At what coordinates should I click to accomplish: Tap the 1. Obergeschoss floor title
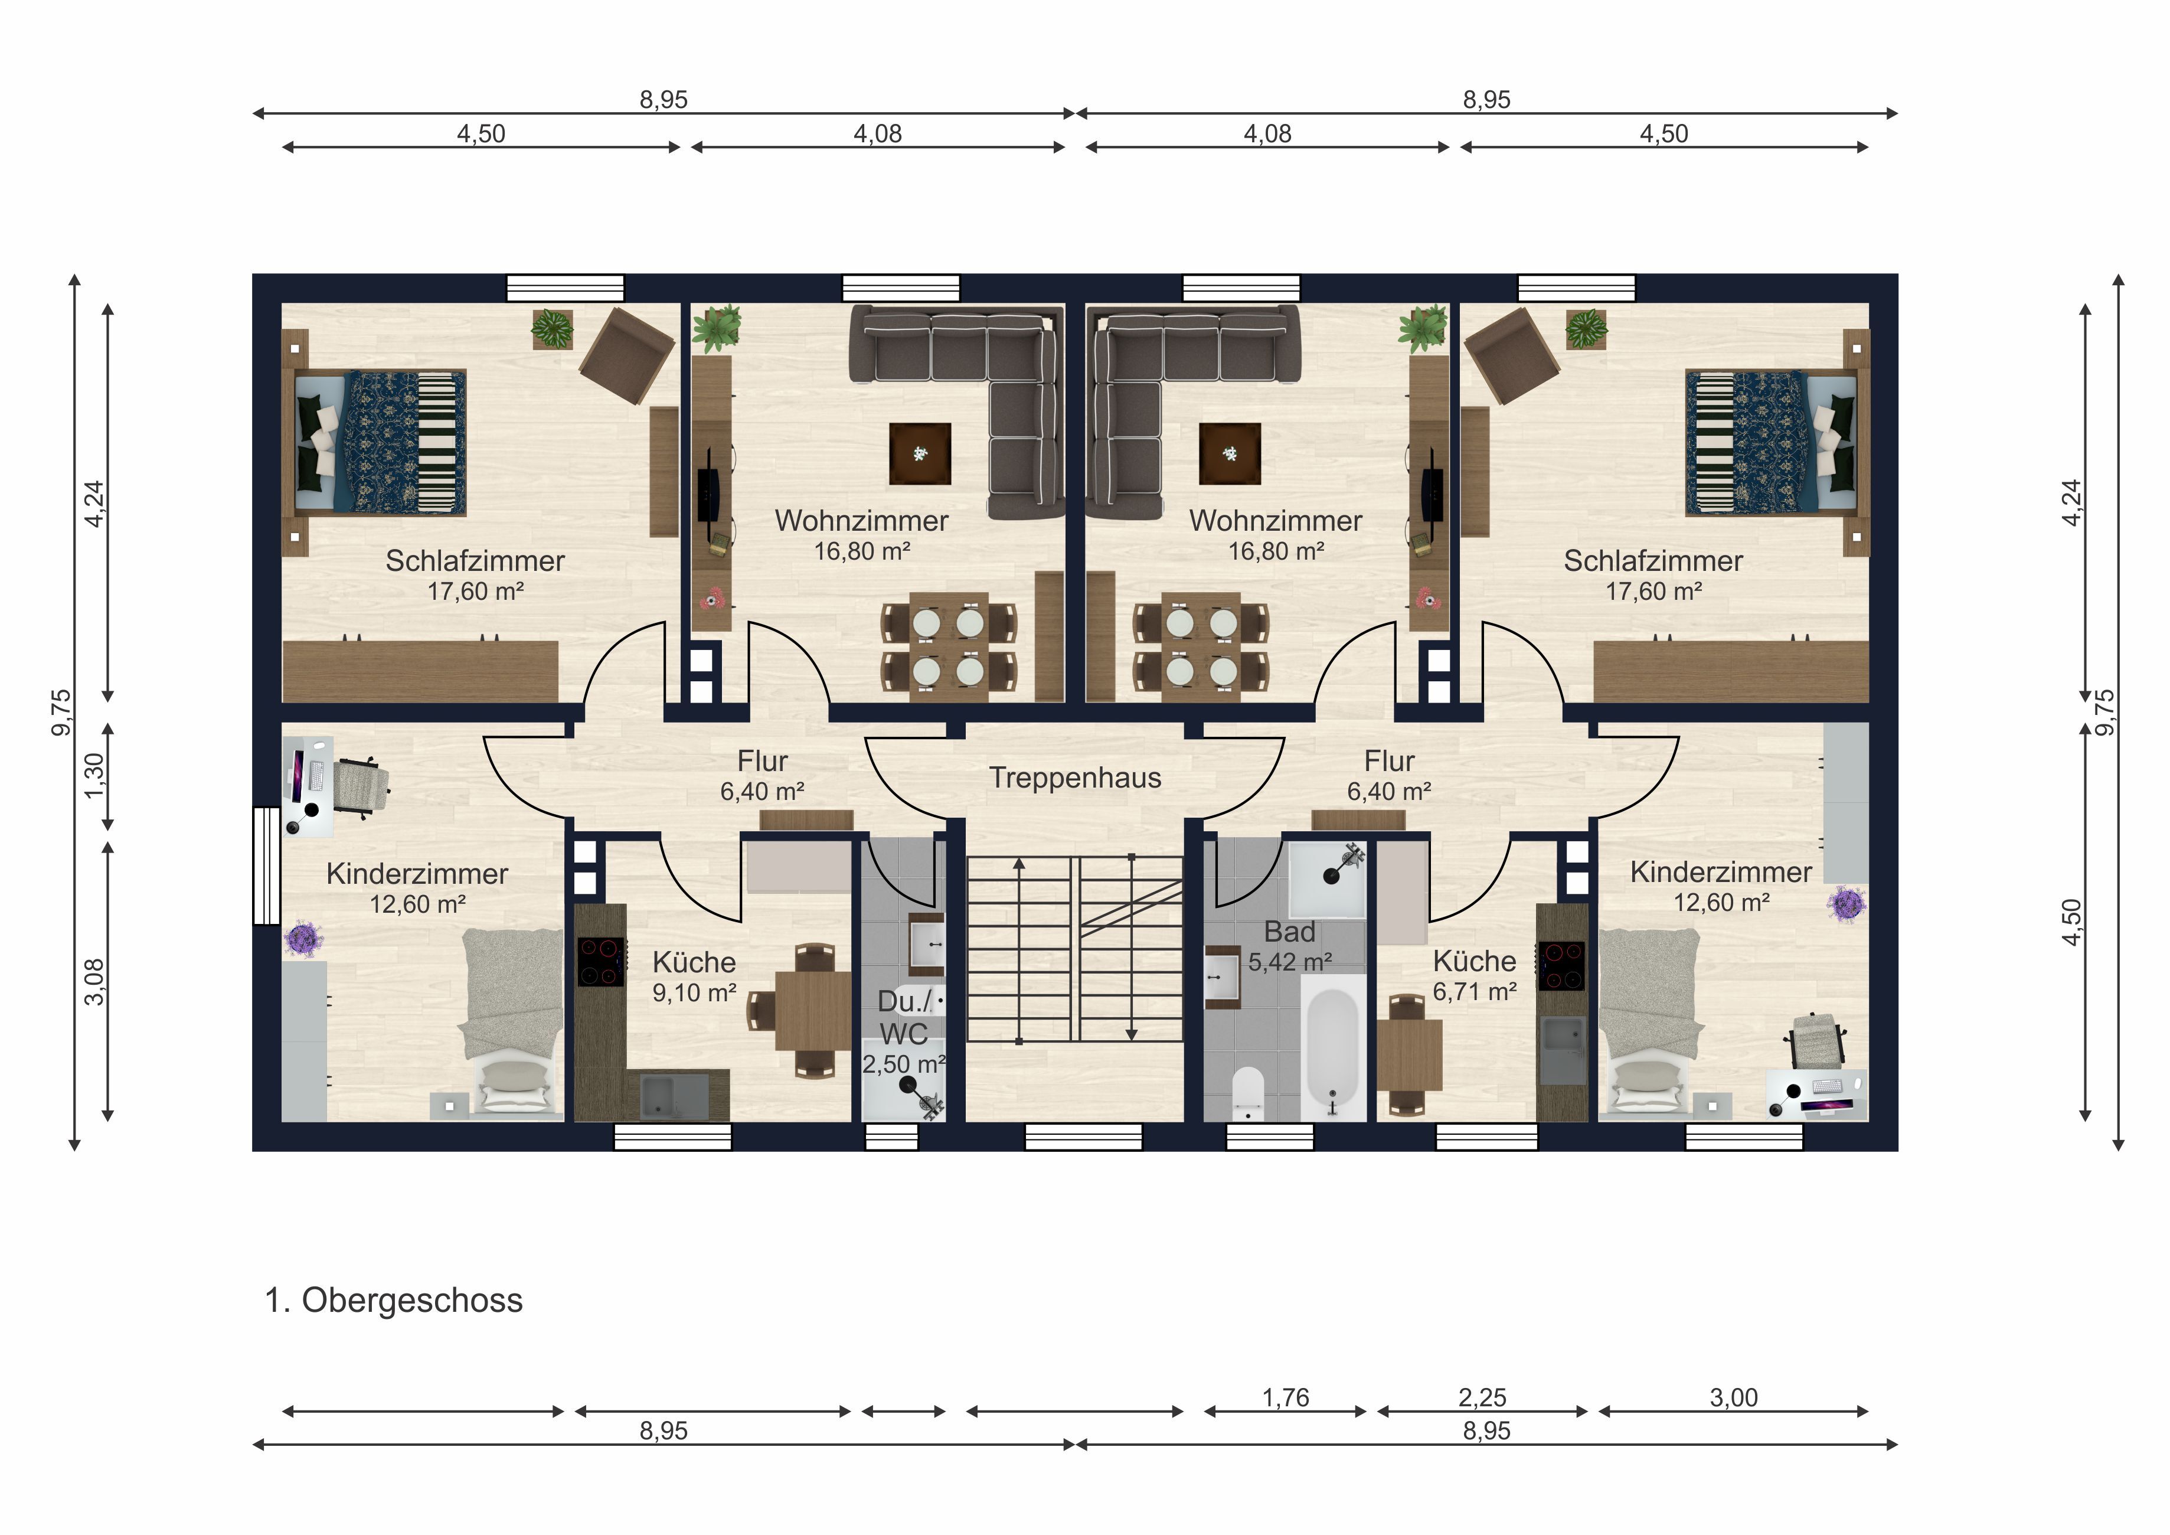click(393, 1301)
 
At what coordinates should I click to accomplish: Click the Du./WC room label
click(904, 1017)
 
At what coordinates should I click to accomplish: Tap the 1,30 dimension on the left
click(94, 776)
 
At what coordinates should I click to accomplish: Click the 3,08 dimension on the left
click(94, 982)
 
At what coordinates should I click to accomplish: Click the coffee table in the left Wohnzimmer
click(920, 453)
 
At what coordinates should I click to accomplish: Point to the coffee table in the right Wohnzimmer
click(1230, 453)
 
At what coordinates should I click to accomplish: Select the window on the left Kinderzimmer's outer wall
click(266, 865)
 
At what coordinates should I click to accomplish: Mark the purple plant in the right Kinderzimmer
click(1846, 904)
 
